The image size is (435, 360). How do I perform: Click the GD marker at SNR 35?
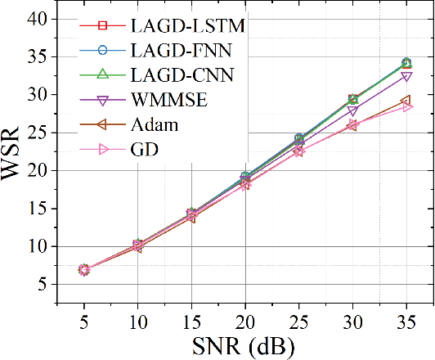406,106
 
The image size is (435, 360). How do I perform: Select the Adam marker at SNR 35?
406,100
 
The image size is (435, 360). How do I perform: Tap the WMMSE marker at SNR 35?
406,76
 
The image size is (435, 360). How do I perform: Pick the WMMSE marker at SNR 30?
352,110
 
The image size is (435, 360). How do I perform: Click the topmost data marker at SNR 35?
406,63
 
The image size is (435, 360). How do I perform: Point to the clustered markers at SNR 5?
83,269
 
